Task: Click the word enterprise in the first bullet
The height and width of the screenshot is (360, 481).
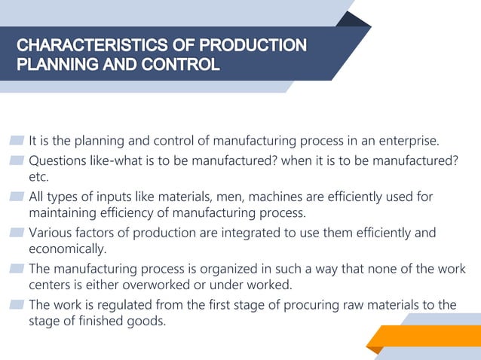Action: pos(409,142)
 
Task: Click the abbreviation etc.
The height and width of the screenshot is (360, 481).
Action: pos(38,178)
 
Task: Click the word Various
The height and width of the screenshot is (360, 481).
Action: pos(51,233)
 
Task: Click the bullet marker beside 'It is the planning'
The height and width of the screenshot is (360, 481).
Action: pos(17,142)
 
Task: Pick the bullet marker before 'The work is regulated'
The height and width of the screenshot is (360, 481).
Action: pos(17,305)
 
